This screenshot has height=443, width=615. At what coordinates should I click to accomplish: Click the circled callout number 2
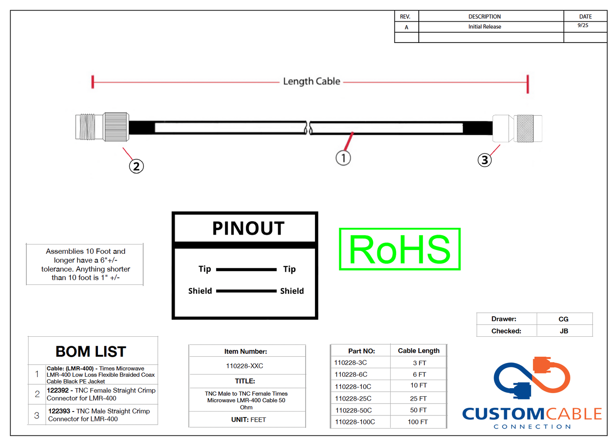(x=136, y=166)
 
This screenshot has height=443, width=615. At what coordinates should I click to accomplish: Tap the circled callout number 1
(x=343, y=158)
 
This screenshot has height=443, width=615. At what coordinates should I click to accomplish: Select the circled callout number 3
(x=484, y=160)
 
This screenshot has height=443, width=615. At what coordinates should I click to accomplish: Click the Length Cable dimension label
(x=312, y=81)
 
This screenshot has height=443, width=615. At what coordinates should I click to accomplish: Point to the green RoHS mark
(x=400, y=249)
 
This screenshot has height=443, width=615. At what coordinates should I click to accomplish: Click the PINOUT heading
(x=248, y=228)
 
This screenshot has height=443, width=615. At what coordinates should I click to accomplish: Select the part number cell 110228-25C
(x=353, y=398)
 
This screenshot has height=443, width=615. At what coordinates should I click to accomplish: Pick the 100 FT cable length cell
(x=418, y=422)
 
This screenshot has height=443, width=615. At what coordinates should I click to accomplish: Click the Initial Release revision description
(x=484, y=26)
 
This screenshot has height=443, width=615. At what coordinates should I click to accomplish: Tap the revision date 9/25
(x=583, y=26)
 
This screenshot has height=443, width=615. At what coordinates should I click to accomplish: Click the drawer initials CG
(x=563, y=319)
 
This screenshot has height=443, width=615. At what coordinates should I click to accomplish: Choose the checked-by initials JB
(x=564, y=331)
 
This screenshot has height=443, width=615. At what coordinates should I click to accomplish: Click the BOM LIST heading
(x=91, y=352)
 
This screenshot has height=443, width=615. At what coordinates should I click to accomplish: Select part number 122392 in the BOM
(x=57, y=390)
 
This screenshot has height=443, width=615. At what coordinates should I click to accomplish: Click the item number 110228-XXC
(x=244, y=366)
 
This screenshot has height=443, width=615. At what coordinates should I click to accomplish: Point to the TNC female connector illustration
(x=102, y=127)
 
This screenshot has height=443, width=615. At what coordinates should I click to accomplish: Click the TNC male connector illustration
(x=517, y=128)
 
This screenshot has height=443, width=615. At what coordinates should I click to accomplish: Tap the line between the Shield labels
(x=246, y=291)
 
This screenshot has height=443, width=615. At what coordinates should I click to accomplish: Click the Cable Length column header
(x=418, y=351)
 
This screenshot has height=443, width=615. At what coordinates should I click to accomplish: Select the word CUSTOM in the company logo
(x=503, y=414)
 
